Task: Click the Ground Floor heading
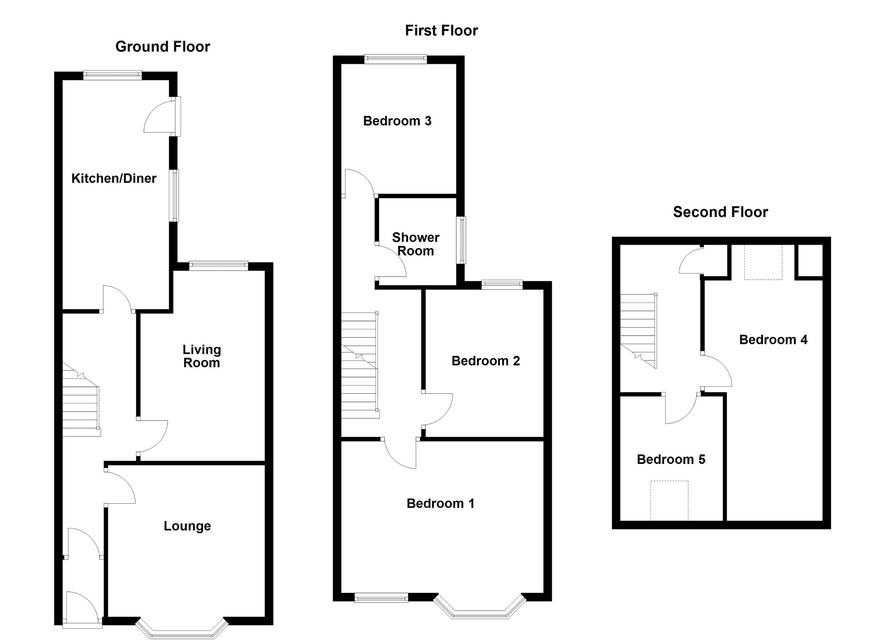(x=162, y=47)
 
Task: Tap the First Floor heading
(x=441, y=31)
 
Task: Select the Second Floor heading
(x=720, y=212)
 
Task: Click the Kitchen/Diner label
(x=114, y=178)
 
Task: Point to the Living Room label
(x=202, y=356)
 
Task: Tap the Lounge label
(x=187, y=526)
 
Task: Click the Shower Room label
(x=416, y=244)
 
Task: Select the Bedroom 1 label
(x=440, y=503)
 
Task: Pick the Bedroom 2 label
(x=485, y=361)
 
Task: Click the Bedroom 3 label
(x=397, y=121)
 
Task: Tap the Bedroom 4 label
(x=773, y=340)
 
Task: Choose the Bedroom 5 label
(x=671, y=459)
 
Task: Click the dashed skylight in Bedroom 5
(x=669, y=500)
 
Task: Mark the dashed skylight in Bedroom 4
(x=763, y=262)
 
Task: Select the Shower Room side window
(x=463, y=240)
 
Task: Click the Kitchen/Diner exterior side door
(x=178, y=116)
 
